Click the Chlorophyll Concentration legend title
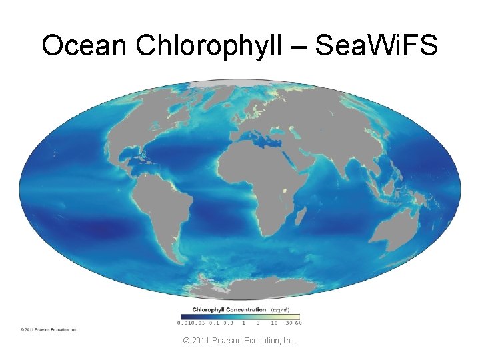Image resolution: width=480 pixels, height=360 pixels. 229,309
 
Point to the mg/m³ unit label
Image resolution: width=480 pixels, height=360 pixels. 280,309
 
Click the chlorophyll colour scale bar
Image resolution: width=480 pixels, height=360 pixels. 239,316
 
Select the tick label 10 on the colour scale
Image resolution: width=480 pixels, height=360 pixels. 274,323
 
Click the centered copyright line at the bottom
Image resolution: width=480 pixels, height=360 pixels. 240,341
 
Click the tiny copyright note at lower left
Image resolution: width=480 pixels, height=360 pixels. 49,329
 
